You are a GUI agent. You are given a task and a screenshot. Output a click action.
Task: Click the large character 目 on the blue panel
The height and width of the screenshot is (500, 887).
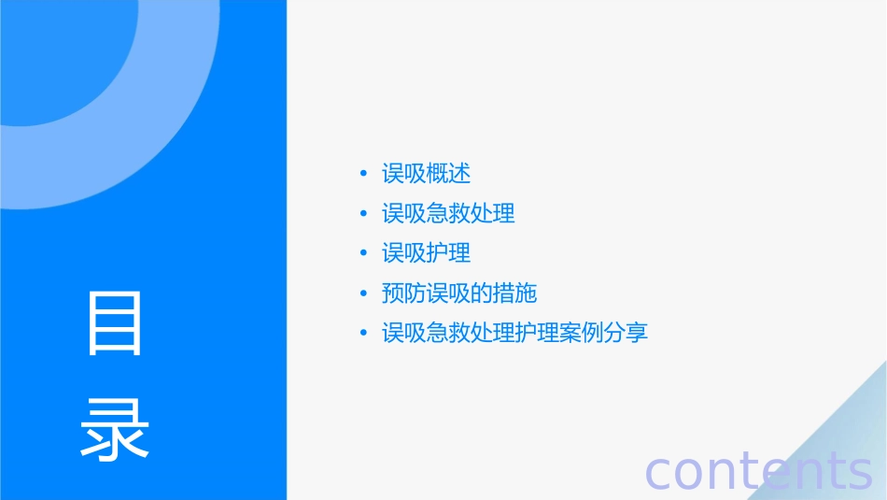[115, 323]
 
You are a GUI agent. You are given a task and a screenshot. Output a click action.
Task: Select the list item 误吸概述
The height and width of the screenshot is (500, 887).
[426, 174]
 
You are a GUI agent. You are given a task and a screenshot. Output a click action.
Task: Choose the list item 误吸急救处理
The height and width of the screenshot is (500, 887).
[448, 214]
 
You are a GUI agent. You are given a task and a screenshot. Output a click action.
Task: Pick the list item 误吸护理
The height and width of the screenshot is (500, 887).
[426, 253]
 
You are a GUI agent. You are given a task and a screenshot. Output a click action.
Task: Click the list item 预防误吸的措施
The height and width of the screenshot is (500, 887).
[459, 293]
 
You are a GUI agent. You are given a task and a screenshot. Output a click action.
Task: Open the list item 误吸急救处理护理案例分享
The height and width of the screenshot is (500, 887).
[514, 333]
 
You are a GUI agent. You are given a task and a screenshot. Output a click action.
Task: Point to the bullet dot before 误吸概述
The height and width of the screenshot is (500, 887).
[363, 175]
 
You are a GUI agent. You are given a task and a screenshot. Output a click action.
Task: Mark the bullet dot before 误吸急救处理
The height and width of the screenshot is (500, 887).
[363, 215]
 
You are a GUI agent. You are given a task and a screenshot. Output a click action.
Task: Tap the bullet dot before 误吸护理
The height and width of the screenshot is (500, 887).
[363, 254]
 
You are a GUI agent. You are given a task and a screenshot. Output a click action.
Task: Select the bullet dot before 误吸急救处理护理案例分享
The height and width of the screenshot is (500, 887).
[363, 334]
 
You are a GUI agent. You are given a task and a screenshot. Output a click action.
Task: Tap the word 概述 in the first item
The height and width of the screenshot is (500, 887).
[448, 174]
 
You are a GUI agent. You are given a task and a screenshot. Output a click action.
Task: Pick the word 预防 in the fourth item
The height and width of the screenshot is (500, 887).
[403, 293]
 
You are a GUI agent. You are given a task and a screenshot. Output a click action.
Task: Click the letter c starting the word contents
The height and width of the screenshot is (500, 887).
[657, 472]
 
